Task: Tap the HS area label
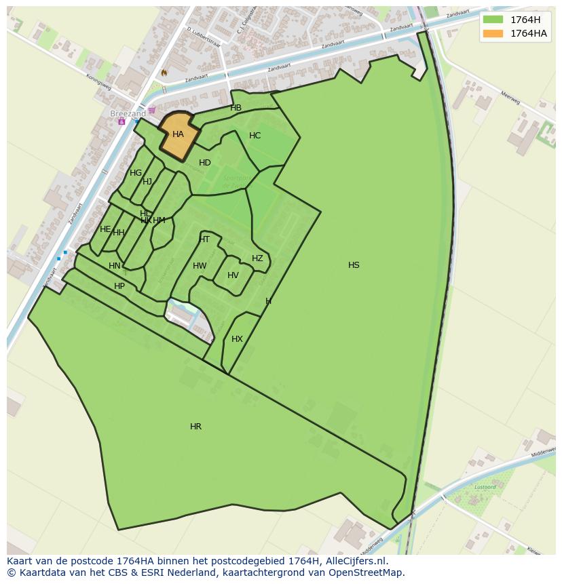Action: pyautogui.click(x=354, y=265)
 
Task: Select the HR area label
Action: pyautogui.click(x=195, y=427)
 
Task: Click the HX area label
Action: pyautogui.click(x=237, y=339)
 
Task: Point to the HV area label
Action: pyautogui.click(x=233, y=275)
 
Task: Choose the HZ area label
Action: pyautogui.click(x=257, y=258)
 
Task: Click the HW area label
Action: pyautogui.click(x=200, y=266)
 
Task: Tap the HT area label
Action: pyautogui.click(x=204, y=239)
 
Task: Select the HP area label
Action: pyautogui.click(x=119, y=286)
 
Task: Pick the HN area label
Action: pyautogui.click(x=115, y=266)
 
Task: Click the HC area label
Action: pyautogui.click(x=255, y=136)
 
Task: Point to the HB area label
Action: pyautogui.click(x=236, y=108)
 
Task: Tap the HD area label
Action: pyautogui.click(x=205, y=163)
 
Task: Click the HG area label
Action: pyautogui.click(x=136, y=173)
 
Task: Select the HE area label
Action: pyautogui.click(x=105, y=229)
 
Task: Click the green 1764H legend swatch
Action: pyautogui.click(x=493, y=19)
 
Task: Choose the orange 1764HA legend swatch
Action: pyautogui.click(x=493, y=33)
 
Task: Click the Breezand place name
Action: pyautogui.click(x=128, y=114)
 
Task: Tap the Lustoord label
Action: pyautogui.click(x=485, y=487)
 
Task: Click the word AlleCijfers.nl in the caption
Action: pyautogui.click(x=354, y=561)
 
